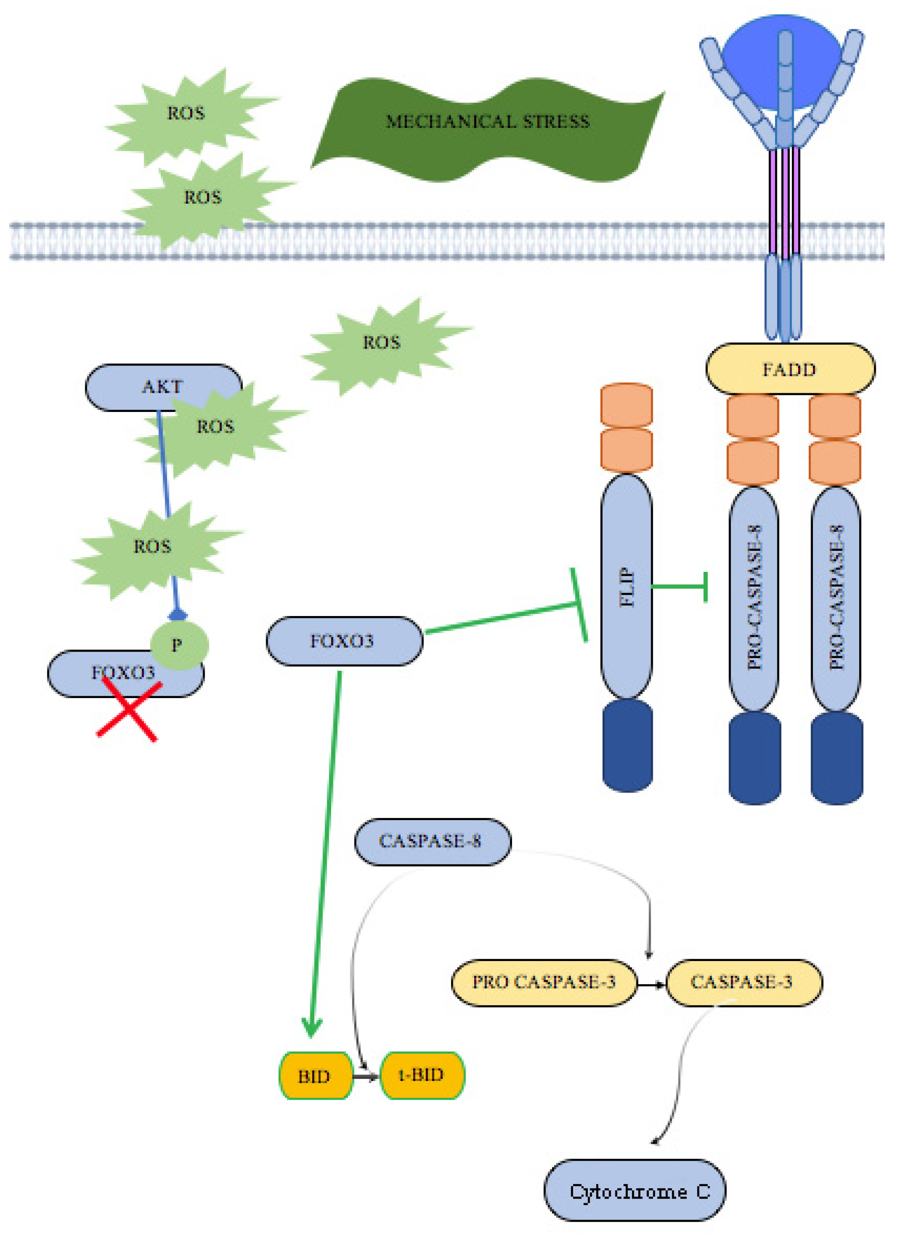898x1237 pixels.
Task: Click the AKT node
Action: [x=164, y=387]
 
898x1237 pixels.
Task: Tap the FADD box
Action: [x=790, y=369]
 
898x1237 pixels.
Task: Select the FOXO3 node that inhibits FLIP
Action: [x=344, y=641]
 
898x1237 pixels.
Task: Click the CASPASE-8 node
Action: [x=433, y=842]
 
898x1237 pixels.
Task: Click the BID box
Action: [x=316, y=1076]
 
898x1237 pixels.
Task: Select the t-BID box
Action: [x=422, y=1076]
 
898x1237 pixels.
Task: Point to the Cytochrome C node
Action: [x=635, y=1191]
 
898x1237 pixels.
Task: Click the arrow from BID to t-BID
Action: [x=366, y=1077]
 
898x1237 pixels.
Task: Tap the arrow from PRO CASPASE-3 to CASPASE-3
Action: [x=652, y=984]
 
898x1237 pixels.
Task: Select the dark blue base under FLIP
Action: [x=627, y=745]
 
